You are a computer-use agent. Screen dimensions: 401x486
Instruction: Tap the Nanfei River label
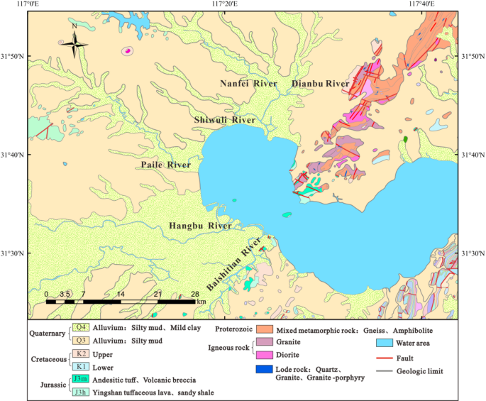tap(248, 84)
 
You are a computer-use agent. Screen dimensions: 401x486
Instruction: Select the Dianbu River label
tap(321, 84)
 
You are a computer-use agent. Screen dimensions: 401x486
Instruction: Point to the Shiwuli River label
tap(225, 121)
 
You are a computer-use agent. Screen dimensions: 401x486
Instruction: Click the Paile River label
tap(166, 165)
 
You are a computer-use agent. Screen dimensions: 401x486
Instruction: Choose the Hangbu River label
tap(200, 226)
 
